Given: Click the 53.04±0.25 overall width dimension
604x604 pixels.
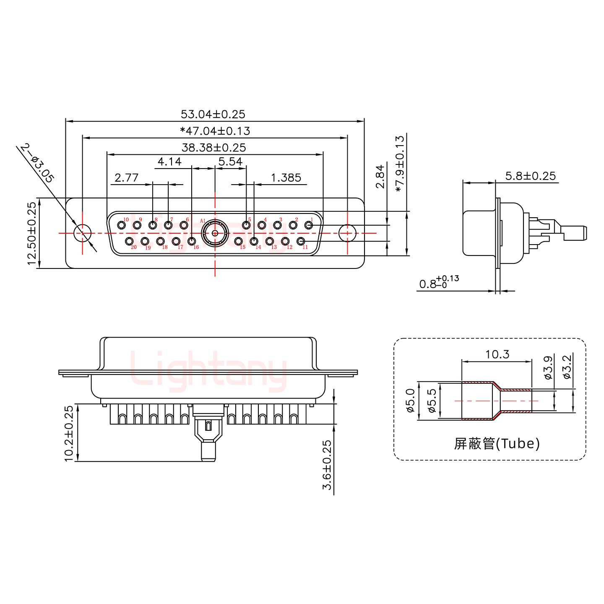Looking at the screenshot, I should coord(213,114).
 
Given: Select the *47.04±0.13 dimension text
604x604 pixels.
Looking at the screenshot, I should coord(215,131).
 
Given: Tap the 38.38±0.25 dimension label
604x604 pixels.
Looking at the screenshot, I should coord(213,148).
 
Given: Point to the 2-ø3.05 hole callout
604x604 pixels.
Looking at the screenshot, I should coord(37,163).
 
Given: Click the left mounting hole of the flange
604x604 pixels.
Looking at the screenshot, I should coord(82,233).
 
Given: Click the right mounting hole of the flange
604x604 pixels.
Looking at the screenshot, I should coord(347,233).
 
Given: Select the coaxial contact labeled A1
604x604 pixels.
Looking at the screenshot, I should coord(215,233).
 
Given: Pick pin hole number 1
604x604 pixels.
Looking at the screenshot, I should coord(309,225).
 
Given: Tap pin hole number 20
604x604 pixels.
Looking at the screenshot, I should coord(130,241).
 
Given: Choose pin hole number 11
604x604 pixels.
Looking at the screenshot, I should coord(301,241).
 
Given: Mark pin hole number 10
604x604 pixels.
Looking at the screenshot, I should coord(122,225).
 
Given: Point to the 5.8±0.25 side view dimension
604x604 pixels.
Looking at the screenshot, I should coord(530,176).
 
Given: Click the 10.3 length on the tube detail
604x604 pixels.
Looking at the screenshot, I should coord(497,354).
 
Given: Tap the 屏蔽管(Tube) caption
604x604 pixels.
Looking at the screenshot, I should coord(497,443).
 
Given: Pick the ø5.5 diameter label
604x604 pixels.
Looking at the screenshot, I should coord(432,400).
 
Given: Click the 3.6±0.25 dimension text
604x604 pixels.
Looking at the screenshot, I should coord(327,464).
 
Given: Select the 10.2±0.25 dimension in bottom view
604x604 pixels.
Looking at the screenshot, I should coord(69,433).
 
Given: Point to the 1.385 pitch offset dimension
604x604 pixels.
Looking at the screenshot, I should coord(286,178).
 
